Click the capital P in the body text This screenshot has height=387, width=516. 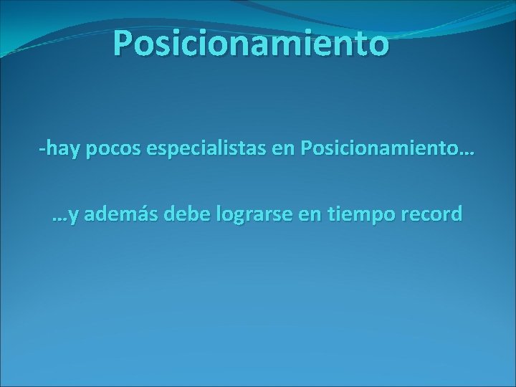(308, 151)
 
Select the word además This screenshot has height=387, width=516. (119, 216)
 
